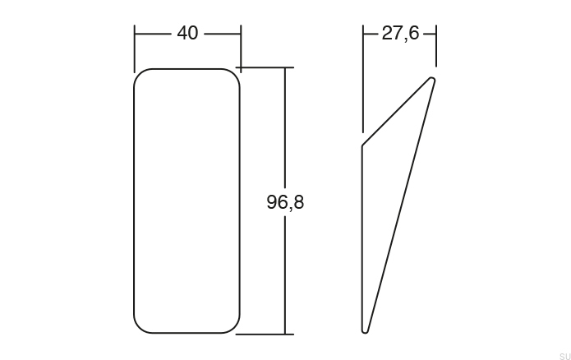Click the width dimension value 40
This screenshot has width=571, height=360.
pyautogui.click(x=187, y=34)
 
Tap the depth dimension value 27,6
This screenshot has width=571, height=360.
pyautogui.click(x=400, y=34)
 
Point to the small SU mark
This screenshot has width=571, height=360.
pyautogui.click(x=563, y=354)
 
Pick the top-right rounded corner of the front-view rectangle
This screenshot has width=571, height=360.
pyautogui.click(x=236, y=73)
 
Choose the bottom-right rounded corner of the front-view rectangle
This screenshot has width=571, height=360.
pyautogui.click(x=236, y=328)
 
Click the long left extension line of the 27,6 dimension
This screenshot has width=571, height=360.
pyautogui.click(x=362, y=82)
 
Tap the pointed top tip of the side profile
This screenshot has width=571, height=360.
pyautogui.click(x=432, y=79)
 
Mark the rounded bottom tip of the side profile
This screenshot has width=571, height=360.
pyautogui.click(x=366, y=330)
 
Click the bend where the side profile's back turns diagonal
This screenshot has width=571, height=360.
pyautogui.click(x=362, y=145)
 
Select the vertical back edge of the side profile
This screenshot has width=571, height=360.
pyautogui.click(x=362, y=238)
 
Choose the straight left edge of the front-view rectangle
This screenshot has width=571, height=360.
pyautogui.click(x=134, y=201)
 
